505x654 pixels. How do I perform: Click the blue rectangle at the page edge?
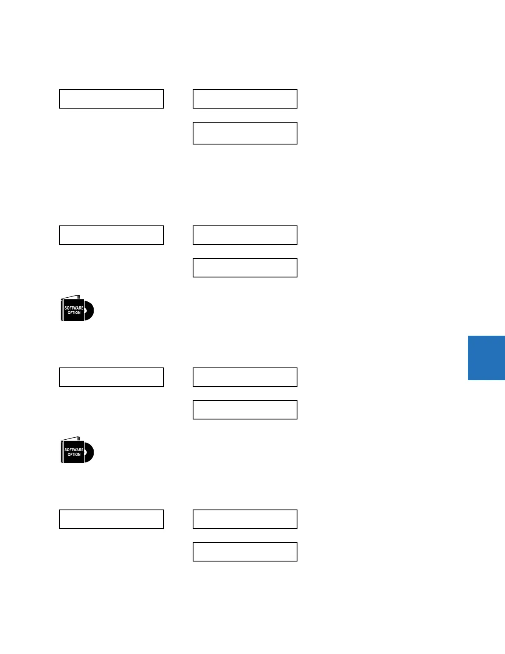pyautogui.click(x=486, y=358)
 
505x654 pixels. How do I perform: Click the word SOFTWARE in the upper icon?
pyautogui.click(x=74, y=308)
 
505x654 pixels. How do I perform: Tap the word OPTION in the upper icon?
pyautogui.click(x=74, y=313)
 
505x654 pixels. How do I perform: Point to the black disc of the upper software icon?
pyautogui.click(x=90, y=311)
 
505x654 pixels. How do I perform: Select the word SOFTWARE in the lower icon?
pyautogui.click(x=74, y=450)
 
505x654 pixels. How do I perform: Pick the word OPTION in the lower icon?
pyautogui.click(x=74, y=455)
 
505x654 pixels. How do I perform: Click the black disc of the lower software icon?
pyautogui.click(x=90, y=453)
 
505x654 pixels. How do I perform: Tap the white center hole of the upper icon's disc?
pyautogui.click(x=85, y=310)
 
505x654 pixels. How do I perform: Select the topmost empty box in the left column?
pyautogui.click(x=111, y=99)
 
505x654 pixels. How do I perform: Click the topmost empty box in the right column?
pyautogui.click(x=245, y=99)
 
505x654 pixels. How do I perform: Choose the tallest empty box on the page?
pyautogui.click(x=245, y=133)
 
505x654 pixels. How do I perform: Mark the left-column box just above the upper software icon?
pyautogui.click(x=111, y=235)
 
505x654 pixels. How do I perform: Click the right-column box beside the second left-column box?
pyautogui.click(x=245, y=235)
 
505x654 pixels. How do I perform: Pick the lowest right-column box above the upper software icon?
pyautogui.click(x=245, y=268)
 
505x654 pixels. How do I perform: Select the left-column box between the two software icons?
pyautogui.click(x=111, y=377)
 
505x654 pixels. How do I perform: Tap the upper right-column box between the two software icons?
pyautogui.click(x=245, y=377)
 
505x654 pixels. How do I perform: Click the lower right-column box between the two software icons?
pyautogui.click(x=245, y=410)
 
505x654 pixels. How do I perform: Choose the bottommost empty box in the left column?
pyautogui.click(x=111, y=519)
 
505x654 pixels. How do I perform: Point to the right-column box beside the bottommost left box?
pyautogui.click(x=245, y=519)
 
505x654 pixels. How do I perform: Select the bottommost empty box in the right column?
pyautogui.click(x=245, y=552)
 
